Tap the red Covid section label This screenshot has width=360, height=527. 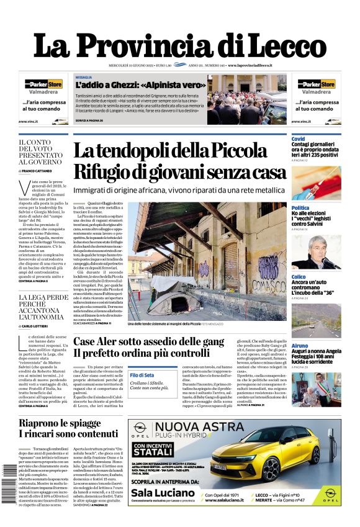click(x=298, y=139)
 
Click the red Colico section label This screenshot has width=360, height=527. click(x=299, y=276)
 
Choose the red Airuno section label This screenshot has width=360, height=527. click(x=300, y=345)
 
